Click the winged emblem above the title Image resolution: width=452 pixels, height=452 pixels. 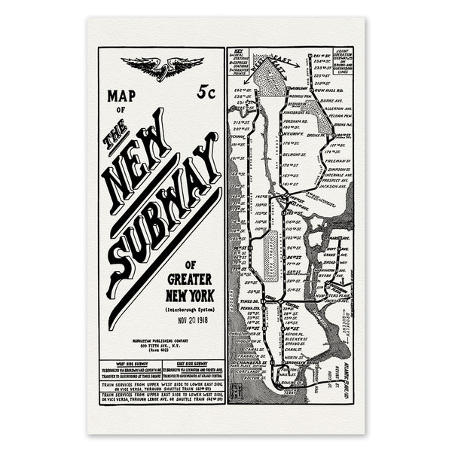[x=161, y=68]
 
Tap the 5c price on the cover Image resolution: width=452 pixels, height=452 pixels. [x=206, y=93]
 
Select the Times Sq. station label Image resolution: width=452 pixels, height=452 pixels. [x=252, y=301]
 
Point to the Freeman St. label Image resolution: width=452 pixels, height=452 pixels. [x=337, y=160]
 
